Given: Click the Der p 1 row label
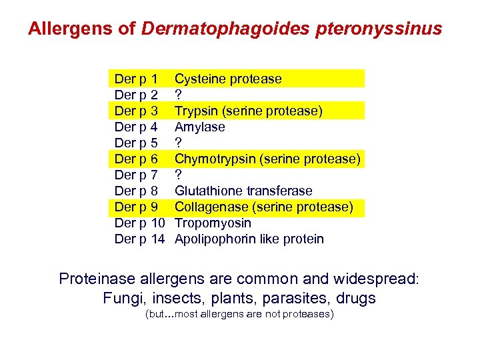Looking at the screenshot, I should [x=137, y=79].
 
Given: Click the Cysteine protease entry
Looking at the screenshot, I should [x=228, y=79].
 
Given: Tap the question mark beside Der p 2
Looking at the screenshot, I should [x=178, y=95].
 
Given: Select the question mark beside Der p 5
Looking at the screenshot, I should [x=178, y=143].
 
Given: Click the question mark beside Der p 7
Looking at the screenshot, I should [x=178, y=175].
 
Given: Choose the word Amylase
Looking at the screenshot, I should [x=200, y=127].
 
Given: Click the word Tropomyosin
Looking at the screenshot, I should [x=213, y=223].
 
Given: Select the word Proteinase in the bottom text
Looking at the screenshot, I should [x=97, y=279].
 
